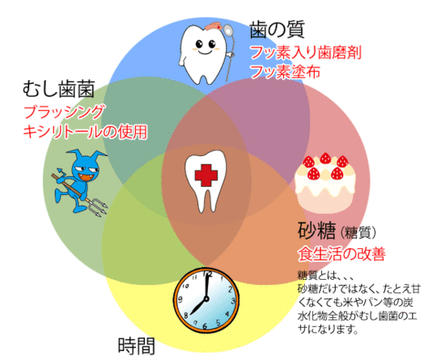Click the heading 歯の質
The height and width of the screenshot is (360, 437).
pyautogui.click(x=277, y=30)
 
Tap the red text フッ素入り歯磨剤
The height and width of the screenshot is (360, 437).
pyautogui.click(x=306, y=53)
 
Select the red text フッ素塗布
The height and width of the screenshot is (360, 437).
pyautogui.click(x=286, y=72)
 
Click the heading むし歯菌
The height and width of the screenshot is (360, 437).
pyautogui.click(x=58, y=89)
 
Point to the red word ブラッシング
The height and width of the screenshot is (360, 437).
pyautogui.click(x=65, y=112)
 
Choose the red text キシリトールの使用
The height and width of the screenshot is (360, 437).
pyautogui.click(x=85, y=132)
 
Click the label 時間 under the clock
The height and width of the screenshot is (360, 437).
pyautogui.click(x=136, y=346)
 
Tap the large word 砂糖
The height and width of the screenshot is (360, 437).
pyautogui.click(x=316, y=231)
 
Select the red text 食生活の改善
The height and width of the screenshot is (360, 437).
pyautogui.click(x=342, y=254)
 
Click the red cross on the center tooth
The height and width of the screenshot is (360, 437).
pyautogui.click(x=206, y=176)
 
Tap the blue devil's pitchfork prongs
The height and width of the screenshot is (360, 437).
pyautogui.click(x=98, y=207)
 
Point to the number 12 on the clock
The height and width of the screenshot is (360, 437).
pyautogui.click(x=207, y=274)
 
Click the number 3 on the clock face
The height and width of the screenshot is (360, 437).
pyautogui.click(x=233, y=301)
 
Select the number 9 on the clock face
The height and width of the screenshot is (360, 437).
pyautogui.click(x=180, y=299)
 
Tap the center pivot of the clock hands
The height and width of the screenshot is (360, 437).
pyautogui.click(x=206, y=299)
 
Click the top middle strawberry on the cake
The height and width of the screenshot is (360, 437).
pyautogui.click(x=325, y=159)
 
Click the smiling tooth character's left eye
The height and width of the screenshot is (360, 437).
pyautogui.click(x=199, y=44)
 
